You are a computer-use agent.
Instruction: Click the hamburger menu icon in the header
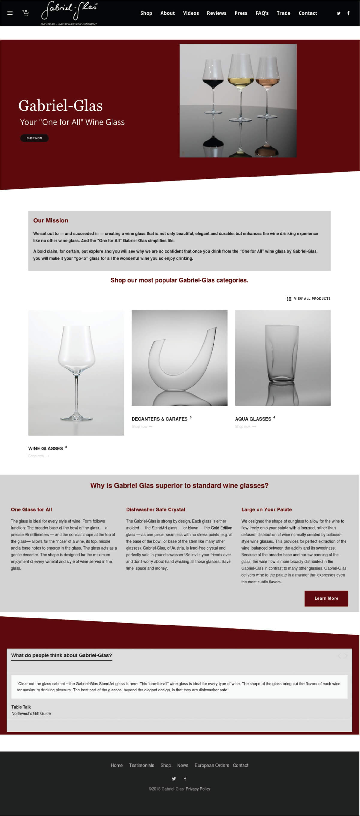click(10, 13)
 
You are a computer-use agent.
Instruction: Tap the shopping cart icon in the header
click(26, 13)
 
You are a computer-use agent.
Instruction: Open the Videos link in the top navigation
click(191, 13)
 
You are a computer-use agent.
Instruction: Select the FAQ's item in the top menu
click(262, 13)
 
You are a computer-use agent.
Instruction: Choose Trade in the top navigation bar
click(283, 13)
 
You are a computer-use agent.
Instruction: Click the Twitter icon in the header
click(338, 13)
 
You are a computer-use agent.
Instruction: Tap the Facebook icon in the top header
click(348, 13)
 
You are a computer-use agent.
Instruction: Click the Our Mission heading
click(51, 220)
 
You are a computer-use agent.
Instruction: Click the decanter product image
click(179, 358)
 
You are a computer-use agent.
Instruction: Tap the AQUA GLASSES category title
click(253, 419)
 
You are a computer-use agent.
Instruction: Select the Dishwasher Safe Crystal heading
click(156, 510)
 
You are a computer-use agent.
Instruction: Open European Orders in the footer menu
click(212, 765)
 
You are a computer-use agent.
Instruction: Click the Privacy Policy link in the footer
click(198, 789)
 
